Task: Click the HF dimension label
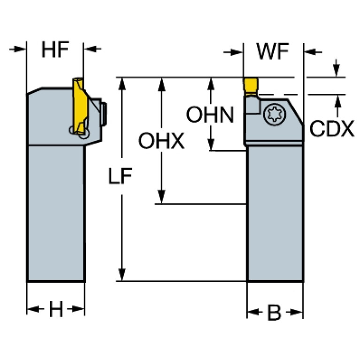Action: coord(55,50)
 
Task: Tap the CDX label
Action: coord(331,129)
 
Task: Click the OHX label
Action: coord(161,141)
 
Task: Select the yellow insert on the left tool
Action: coord(80,106)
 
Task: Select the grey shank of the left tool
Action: coord(56,211)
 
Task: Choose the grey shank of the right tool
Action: coord(275,211)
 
